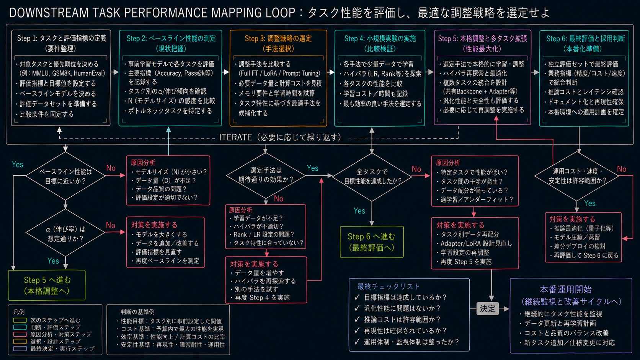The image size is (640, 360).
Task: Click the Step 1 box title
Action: [61, 43]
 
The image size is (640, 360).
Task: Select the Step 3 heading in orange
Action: [278, 43]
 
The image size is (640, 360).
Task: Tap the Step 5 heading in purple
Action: [482, 43]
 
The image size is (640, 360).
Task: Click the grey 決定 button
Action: [487, 309]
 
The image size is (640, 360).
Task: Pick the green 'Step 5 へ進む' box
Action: [47, 285]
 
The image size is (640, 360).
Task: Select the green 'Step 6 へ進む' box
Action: [372, 242]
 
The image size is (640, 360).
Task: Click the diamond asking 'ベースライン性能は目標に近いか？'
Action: [65, 176]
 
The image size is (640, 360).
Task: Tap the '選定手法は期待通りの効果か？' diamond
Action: [266, 175]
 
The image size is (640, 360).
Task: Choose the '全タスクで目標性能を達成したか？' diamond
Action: [372, 177]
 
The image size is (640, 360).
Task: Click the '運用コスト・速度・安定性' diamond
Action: [577, 176]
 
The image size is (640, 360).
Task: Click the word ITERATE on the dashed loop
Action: [235, 137]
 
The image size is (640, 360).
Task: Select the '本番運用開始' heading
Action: [566, 290]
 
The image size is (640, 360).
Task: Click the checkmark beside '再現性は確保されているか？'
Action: [357, 330]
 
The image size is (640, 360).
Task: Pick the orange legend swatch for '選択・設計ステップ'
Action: [20, 341]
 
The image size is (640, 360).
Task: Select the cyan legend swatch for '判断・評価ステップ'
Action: [20, 327]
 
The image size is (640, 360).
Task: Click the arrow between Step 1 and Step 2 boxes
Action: [114, 72]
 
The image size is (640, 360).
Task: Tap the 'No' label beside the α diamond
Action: [111, 226]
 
